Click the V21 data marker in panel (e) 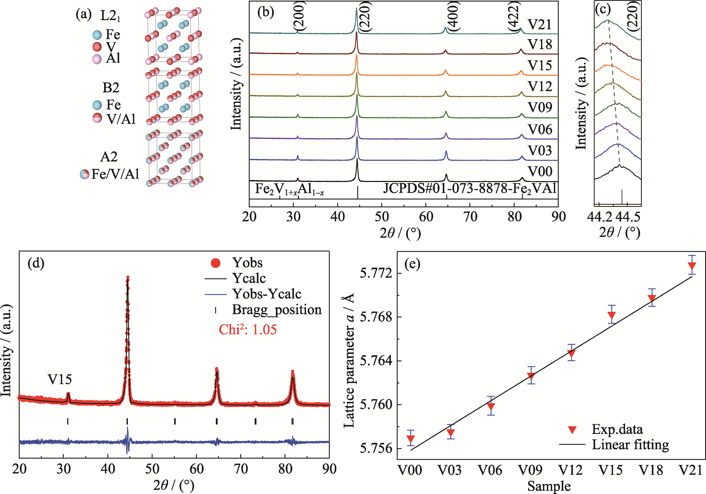[x=692, y=266]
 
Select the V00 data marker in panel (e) [x=411, y=439]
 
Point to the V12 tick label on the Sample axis [x=570, y=470]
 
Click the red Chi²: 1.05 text [x=247, y=330]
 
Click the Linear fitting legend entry [x=630, y=445]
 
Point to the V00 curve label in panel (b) [x=540, y=172]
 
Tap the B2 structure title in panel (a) [x=110, y=88]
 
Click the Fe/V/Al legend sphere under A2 [x=84, y=174]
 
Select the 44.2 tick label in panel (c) [x=599, y=217]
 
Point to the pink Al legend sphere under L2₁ [x=97, y=59]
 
